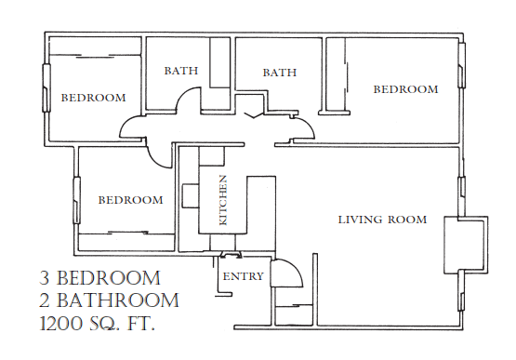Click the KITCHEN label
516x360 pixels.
223,201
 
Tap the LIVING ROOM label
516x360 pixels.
383,220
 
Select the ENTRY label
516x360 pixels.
244,276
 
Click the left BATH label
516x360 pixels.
181,71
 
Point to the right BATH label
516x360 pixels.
280,73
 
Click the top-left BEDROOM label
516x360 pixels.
94,98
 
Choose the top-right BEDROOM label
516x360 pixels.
405,89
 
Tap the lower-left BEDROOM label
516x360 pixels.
131,200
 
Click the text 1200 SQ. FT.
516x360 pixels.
98,324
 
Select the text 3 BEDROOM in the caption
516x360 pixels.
100,278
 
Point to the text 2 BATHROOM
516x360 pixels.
109,300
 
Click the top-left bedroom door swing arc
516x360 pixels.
125,123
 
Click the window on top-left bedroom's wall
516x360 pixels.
46,87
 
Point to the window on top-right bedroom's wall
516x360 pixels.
461,65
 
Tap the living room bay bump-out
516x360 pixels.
466,245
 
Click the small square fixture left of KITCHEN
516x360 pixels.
191,195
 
